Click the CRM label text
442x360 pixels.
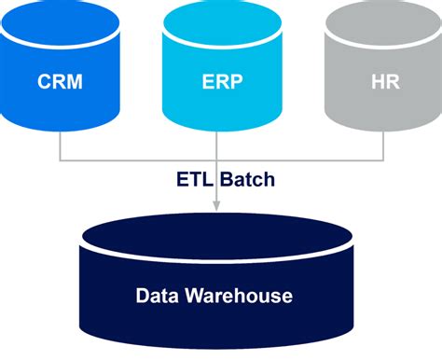60,81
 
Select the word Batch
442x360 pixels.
245,179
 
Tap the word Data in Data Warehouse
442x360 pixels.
156,297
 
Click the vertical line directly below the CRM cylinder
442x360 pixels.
60,145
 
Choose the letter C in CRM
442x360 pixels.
43,81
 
